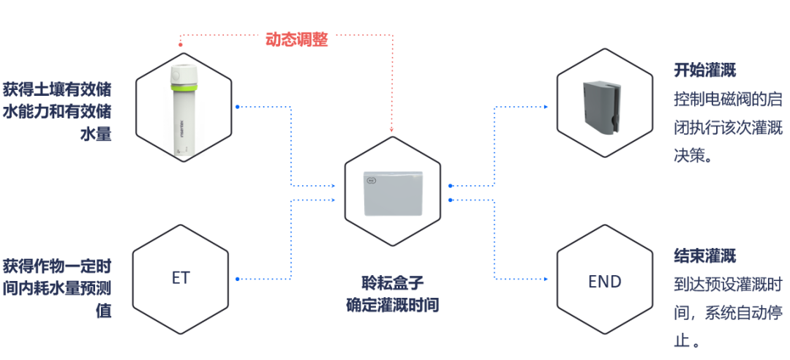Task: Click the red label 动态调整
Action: coord(296,40)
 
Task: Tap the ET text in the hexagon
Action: coord(181,279)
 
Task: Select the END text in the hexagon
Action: coord(604,281)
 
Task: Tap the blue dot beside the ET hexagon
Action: coord(238,279)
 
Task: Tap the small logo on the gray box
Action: coord(371,179)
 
